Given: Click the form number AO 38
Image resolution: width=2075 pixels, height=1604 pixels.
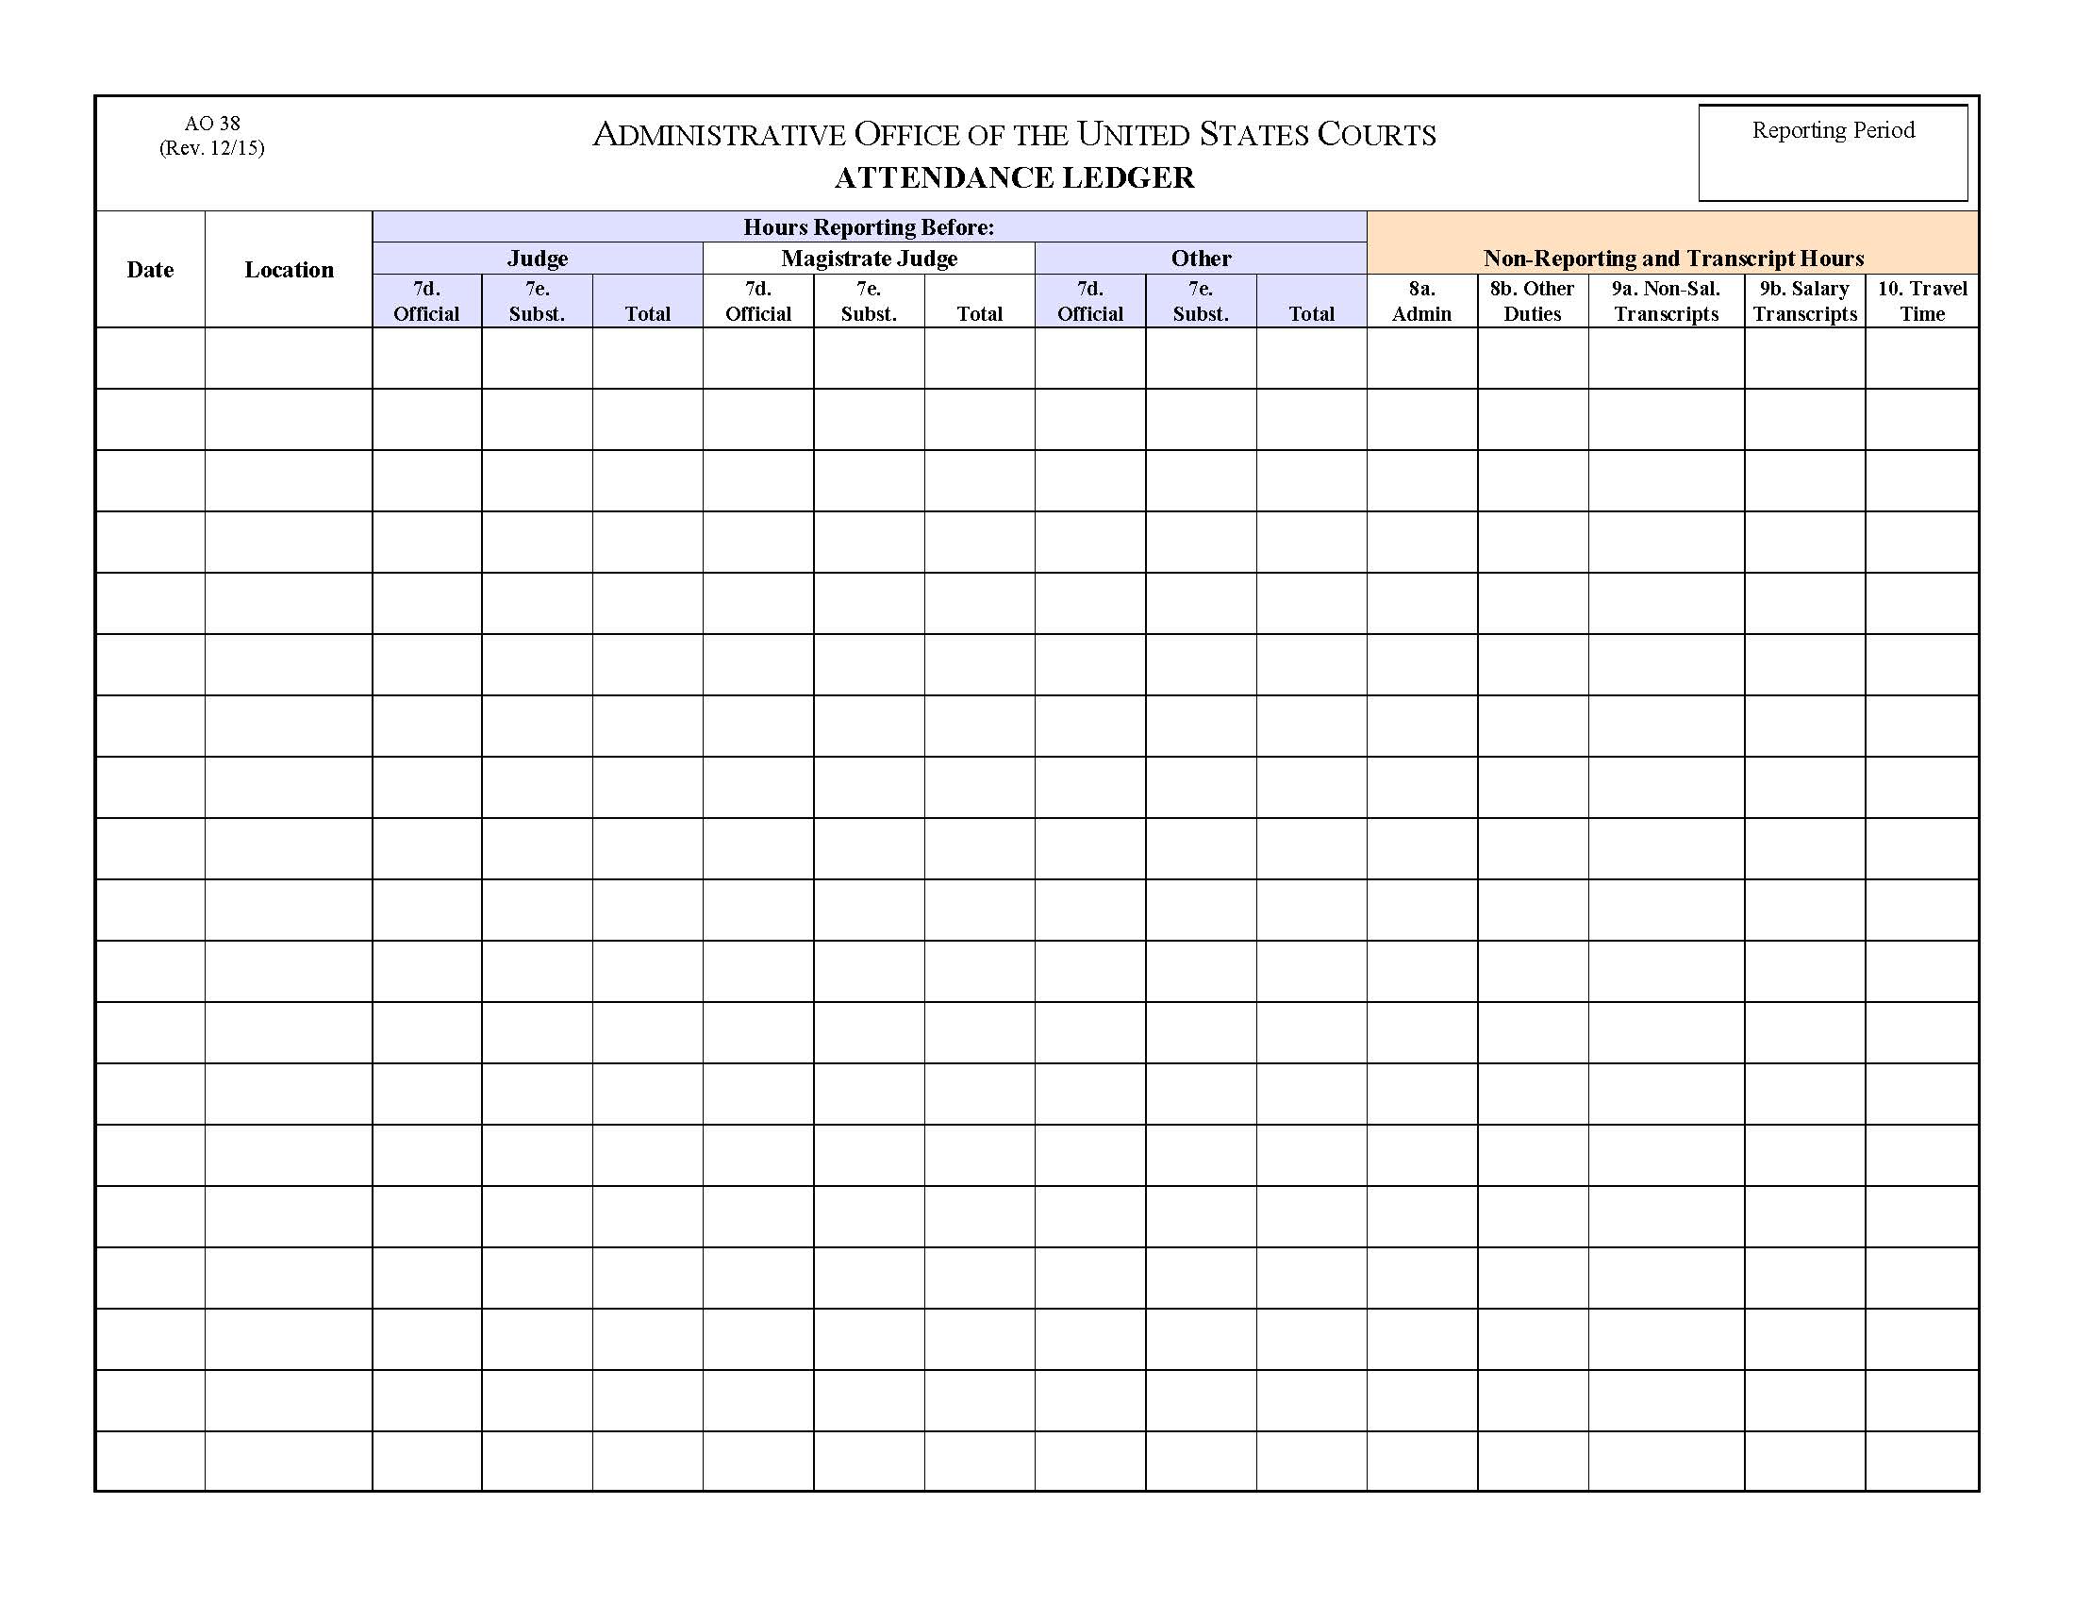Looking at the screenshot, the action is pos(212,124).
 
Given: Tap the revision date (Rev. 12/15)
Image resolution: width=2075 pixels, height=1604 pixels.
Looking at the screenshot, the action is pos(212,148).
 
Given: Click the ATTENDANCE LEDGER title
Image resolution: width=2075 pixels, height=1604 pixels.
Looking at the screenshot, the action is pos(1014,177).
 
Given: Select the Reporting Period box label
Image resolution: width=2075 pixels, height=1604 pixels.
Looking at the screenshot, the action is pos(1833,130).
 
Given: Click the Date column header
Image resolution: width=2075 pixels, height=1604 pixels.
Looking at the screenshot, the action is pos(150,270).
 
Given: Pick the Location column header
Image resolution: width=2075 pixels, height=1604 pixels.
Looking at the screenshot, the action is pos(289,270).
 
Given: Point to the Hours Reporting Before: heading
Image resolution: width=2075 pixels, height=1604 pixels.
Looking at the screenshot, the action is pos(869,227).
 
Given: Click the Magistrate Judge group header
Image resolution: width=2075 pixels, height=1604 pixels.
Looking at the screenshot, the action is pos(869,259).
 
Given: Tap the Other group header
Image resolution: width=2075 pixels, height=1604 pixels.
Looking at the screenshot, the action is pos(1201,259).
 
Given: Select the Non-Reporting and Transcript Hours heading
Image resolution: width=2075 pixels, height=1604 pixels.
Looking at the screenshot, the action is pos(1673,259).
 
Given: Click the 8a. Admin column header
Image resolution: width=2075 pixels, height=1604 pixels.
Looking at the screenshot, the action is pos(1421,301).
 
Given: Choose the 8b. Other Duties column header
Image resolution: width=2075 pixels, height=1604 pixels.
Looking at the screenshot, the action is pos(1532,301).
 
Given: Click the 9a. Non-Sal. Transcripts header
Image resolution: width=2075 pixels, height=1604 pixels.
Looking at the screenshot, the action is pos(1666,301).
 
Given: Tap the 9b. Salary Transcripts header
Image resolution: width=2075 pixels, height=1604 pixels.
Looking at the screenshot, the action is pos(1804,301).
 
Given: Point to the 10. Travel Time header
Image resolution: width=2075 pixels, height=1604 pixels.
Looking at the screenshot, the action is pos(1922,301).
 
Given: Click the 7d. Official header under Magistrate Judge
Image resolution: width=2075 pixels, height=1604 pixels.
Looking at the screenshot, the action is pos(757,301).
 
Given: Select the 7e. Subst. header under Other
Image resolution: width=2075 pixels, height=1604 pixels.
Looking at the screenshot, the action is pos(1200,301).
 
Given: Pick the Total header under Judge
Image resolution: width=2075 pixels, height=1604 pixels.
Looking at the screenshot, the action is pos(647,313).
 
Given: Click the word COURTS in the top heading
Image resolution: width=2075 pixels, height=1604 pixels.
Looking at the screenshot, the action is pos(1376,135).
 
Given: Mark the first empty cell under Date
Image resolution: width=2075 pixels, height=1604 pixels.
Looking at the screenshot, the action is pos(150,359).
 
